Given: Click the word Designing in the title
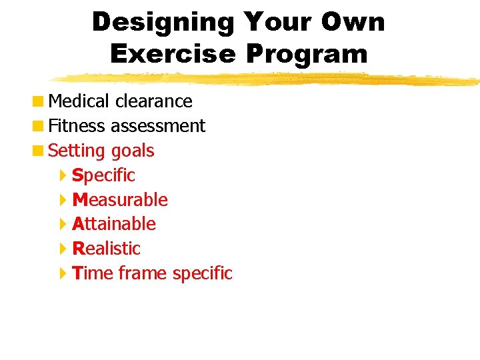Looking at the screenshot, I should (x=163, y=23).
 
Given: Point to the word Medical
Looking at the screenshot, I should (x=79, y=101).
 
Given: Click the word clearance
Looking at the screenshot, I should (x=153, y=101).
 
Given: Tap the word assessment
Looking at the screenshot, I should (x=158, y=126).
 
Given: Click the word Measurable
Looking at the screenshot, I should (x=120, y=200).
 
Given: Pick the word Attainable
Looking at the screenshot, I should (x=114, y=224).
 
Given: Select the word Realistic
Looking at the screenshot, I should (x=107, y=249).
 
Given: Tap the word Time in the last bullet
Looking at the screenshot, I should (x=93, y=273).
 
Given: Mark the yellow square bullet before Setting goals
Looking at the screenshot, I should (x=41, y=151).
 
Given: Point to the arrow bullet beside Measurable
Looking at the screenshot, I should (x=63, y=200).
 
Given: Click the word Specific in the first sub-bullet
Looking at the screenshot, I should (x=103, y=175).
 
